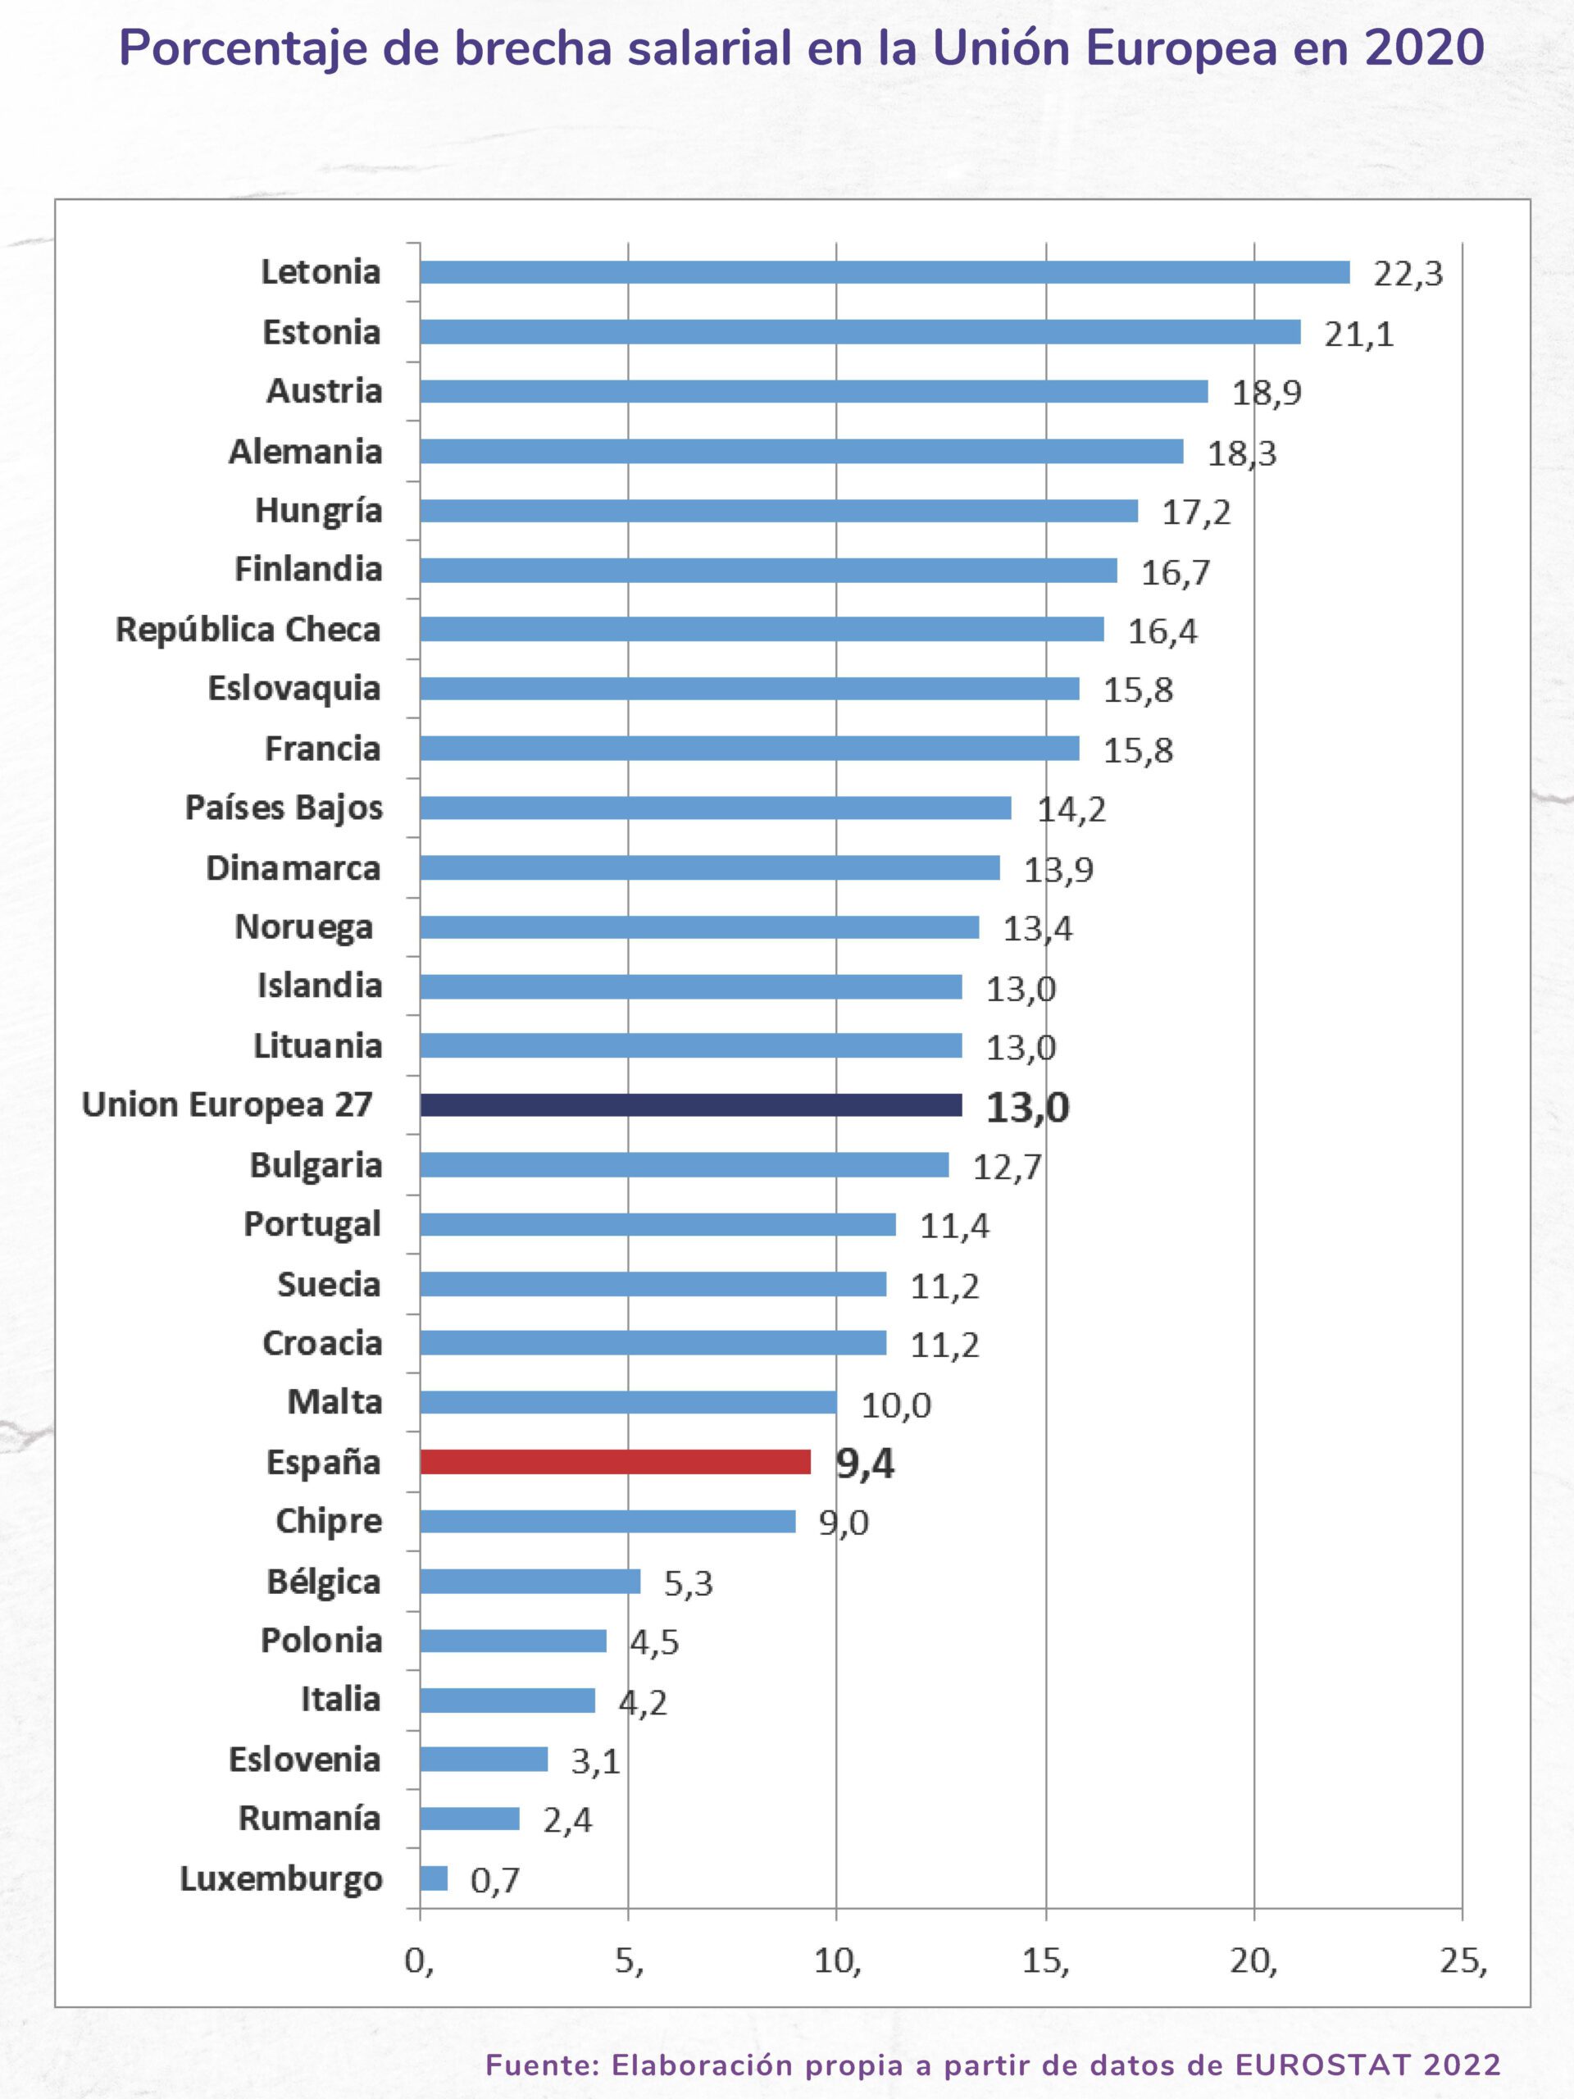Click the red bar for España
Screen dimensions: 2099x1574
(615, 1461)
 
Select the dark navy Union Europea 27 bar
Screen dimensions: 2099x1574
(691, 1104)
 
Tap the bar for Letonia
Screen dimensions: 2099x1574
(885, 272)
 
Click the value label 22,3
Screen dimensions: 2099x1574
(1408, 274)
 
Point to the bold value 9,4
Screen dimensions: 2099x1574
(864, 1464)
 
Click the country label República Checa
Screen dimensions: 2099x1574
(248, 629)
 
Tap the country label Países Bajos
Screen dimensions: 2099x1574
(284, 808)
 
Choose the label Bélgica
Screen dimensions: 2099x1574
(324, 1582)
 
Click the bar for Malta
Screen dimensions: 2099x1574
(628, 1403)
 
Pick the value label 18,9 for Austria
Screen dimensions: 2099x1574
(1267, 393)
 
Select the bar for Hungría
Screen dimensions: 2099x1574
(779, 511)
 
